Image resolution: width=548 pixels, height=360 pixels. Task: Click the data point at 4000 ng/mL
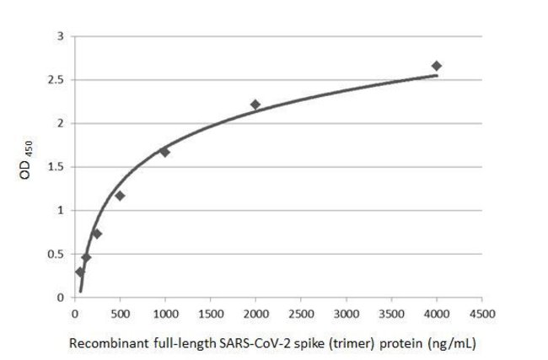[437, 66]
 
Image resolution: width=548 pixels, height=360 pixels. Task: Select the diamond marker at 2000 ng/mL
[255, 105]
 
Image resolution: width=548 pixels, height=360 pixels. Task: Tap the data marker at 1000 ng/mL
[164, 152]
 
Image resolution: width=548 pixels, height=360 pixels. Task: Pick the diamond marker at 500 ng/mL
[120, 196]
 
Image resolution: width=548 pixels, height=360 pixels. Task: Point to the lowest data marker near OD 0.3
[80, 271]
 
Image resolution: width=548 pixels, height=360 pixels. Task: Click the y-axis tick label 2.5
[58, 80]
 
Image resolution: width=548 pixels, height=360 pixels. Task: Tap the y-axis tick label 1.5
[58, 167]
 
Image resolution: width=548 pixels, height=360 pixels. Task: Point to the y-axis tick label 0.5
[58, 254]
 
